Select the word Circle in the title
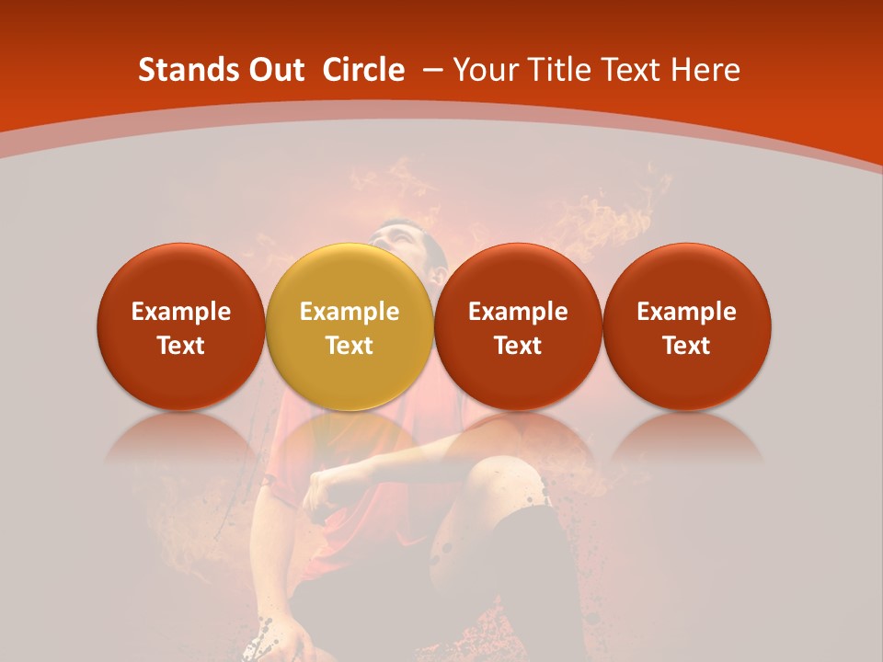pyautogui.click(x=363, y=70)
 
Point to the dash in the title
pyautogui.click(x=433, y=70)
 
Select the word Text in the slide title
pyautogui.click(x=632, y=70)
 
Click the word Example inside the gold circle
pyautogui.click(x=350, y=312)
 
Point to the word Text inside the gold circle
pyautogui.click(x=350, y=346)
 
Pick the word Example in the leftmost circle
pyautogui.click(x=180, y=312)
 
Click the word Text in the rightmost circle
pyautogui.click(x=686, y=346)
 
